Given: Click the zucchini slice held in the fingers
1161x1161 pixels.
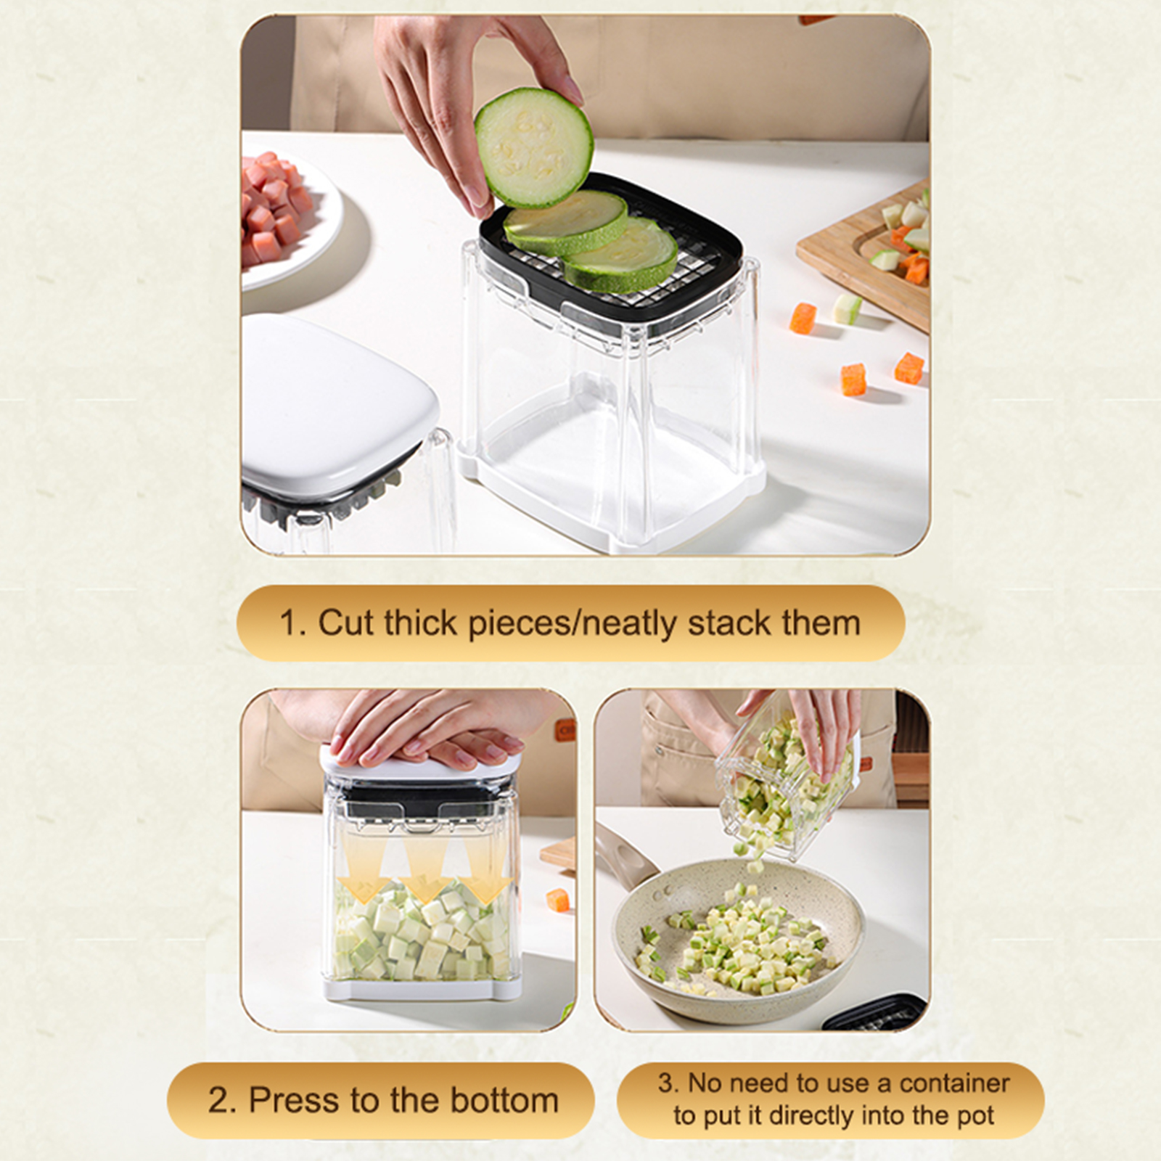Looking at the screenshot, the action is pyautogui.click(x=534, y=147).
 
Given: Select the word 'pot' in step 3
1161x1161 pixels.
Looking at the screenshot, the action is pyautogui.click(x=975, y=1115).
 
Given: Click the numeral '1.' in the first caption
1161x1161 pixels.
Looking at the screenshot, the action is pyautogui.click(x=293, y=623).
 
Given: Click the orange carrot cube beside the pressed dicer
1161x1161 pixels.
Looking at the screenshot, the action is pyautogui.click(x=557, y=898).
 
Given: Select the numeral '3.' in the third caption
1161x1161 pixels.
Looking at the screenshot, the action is pyautogui.click(x=668, y=1083).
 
